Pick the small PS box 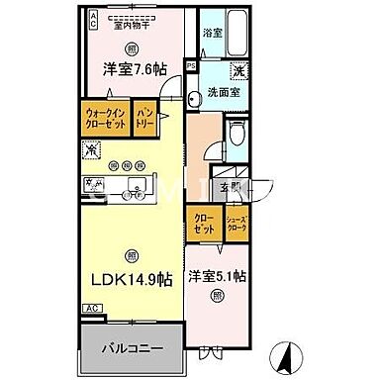point(191,67)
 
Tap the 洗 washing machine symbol point(238,71)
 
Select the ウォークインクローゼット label point(104,122)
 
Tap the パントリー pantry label point(145,122)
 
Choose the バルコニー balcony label point(130,345)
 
